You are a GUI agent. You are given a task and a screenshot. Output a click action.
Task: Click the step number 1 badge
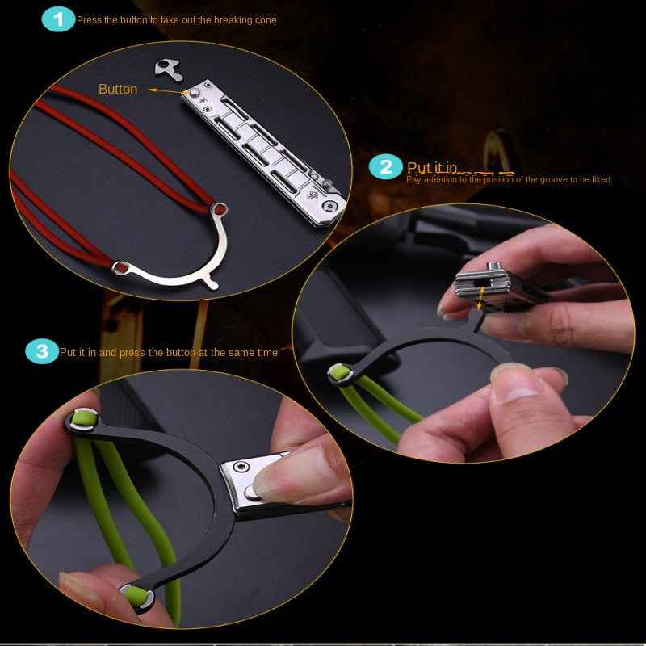tap(58, 19)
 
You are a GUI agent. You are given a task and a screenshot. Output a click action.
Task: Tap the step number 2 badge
tap(386, 167)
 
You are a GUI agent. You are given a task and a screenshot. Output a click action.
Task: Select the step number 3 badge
tap(42, 351)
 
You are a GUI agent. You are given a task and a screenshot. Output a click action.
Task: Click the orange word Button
tap(118, 89)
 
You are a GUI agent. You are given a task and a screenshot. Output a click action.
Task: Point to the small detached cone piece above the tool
tap(168, 69)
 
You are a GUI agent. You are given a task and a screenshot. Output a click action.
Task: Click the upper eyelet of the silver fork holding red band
tap(218, 209)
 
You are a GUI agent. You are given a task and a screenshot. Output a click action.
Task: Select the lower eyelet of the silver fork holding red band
tap(121, 266)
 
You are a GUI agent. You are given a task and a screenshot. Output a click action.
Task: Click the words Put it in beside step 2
tap(432, 168)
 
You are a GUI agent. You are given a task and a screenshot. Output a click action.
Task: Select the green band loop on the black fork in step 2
tap(340, 373)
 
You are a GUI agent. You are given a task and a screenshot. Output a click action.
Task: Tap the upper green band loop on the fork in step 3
tap(84, 418)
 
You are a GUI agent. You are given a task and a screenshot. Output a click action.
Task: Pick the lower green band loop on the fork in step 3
tap(135, 596)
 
